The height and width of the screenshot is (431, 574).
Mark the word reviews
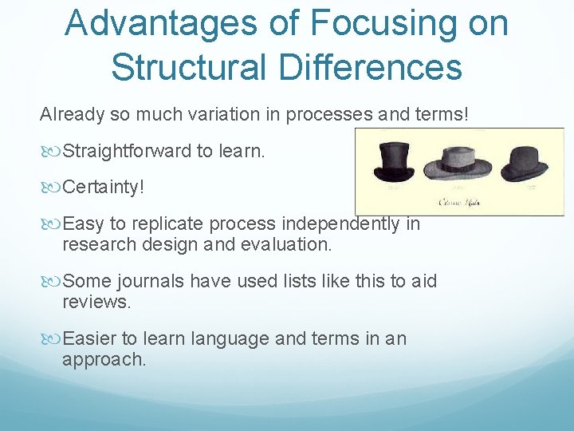point(96,302)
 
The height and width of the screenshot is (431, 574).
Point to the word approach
point(104,360)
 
